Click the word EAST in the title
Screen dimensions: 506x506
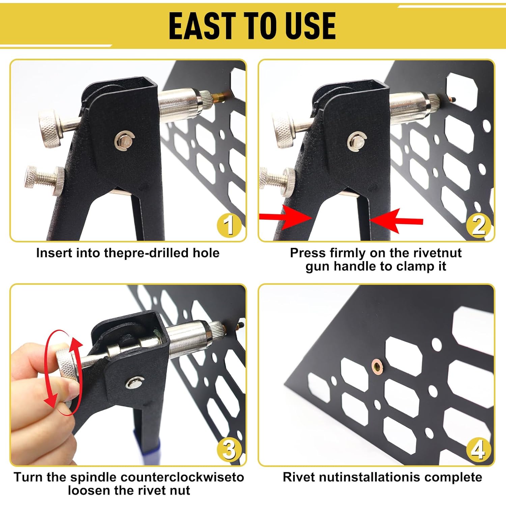click(x=201, y=26)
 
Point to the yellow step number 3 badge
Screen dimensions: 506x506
click(x=229, y=449)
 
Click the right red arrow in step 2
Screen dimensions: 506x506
click(x=396, y=221)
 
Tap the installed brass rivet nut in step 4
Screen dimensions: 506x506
click(x=376, y=366)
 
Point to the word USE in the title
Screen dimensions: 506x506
click(x=310, y=26)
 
